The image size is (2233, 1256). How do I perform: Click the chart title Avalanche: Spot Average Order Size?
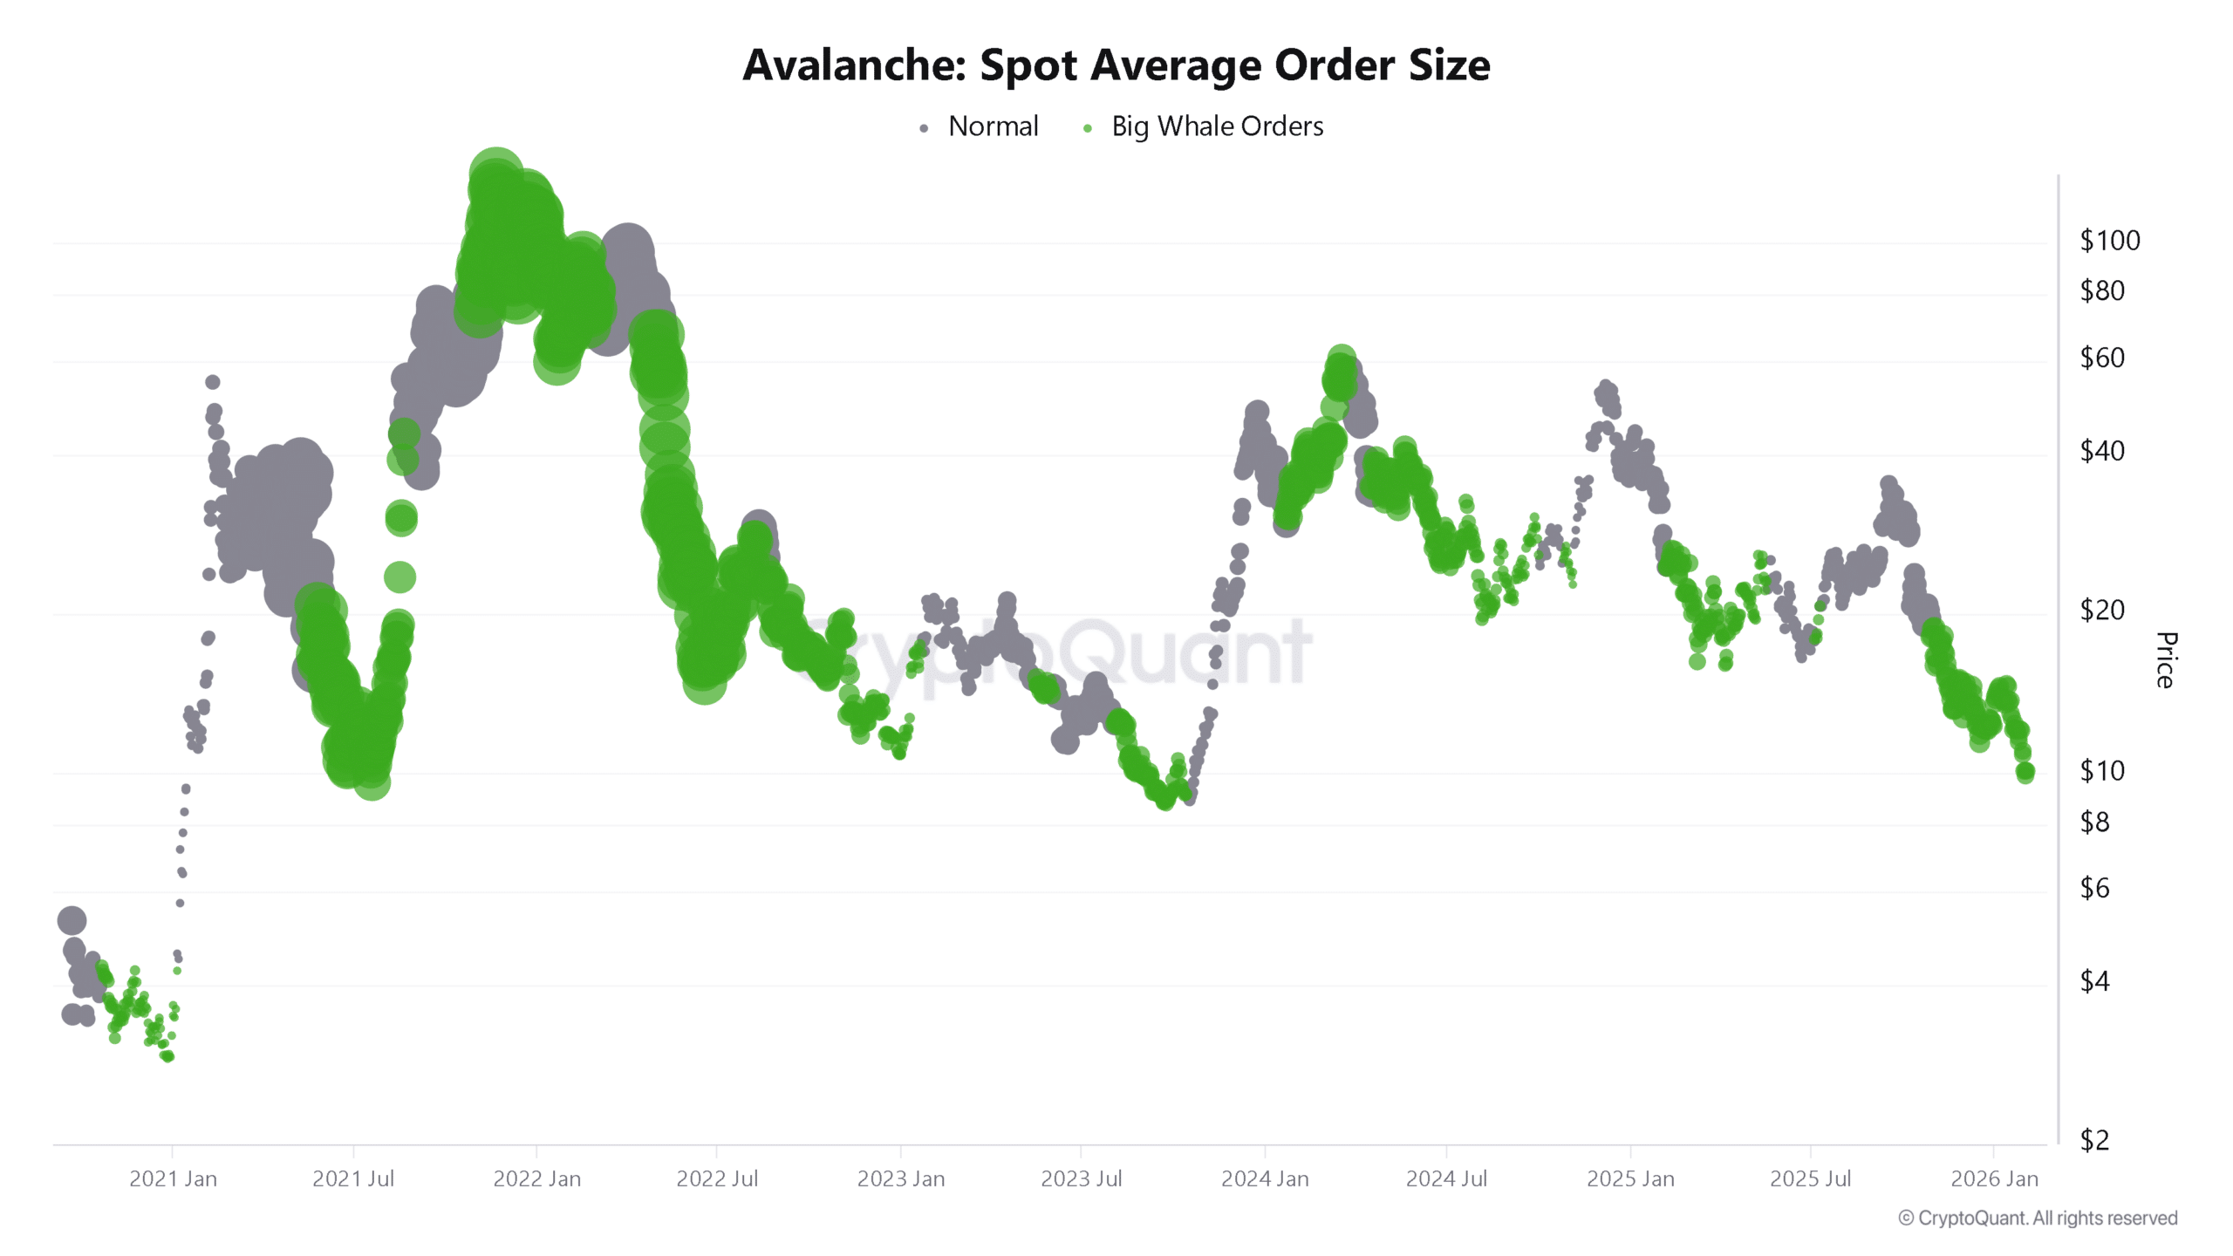(x=1116, y=65)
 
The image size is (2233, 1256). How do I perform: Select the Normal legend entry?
(x=992, y=126)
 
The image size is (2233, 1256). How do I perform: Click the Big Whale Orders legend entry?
(x=1216, y=126)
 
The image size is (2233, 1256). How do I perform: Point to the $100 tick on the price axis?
(x=2109, y=241)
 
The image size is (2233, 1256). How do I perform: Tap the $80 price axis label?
(x=2101, y=290)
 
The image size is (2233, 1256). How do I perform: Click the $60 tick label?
(x=2101, y=358)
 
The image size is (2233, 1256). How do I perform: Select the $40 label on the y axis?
(x=2101, y=451)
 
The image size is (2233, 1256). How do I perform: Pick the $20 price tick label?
(x=2101, y=610)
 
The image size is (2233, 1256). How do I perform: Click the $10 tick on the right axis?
(x=2101, y=770)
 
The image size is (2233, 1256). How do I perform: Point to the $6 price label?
(x=2094, y=888)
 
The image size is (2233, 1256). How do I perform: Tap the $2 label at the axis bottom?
(x=2094, y=1140)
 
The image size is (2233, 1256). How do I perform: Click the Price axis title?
(x=2166, y=660)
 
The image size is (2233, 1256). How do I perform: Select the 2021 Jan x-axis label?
(x=173, y=1179)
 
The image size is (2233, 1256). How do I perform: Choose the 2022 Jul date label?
(x=717, y=1179)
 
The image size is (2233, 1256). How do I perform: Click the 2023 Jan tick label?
(x=900, y=1179)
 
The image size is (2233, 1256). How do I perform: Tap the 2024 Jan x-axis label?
(x=1265, y=1179)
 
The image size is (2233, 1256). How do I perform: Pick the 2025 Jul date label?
(x=1810, y=1179)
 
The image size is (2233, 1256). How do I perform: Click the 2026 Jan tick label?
(x=1994, y=1179)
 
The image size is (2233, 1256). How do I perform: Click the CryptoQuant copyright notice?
(x=2038, y=1218)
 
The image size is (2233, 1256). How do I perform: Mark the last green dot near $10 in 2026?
(x=2025, y=772)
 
